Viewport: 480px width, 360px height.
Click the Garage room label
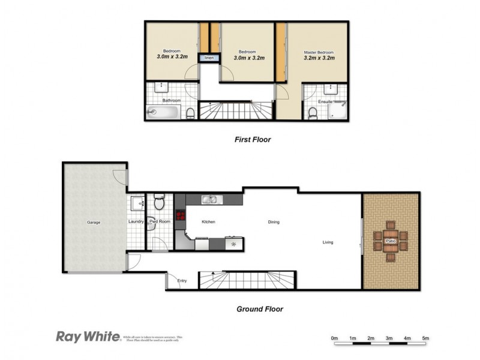pos(93,223)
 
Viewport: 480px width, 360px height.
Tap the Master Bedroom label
pos(319,52)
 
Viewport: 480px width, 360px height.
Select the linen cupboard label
pos(209,58)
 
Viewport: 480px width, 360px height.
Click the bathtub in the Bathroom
pos(163,112)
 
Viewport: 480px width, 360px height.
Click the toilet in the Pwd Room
pos(160,204)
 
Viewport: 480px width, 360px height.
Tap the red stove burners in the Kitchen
pos(179,217)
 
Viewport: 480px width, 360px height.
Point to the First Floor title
pos(253,140)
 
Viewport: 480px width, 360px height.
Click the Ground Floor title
pos(259,310)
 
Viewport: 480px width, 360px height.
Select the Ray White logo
pos(88,337)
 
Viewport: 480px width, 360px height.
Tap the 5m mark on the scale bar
pos(425,339)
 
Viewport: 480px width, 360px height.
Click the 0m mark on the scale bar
pos(335,339)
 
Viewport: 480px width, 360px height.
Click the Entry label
pos(181,281)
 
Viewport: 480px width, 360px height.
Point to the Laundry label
pos(136,222)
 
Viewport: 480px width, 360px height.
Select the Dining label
pos(274,222)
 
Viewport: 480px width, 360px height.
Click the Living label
pos(328,242)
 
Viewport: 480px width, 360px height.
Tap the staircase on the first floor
pos(236,112)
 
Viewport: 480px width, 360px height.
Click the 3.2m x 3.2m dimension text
pos(319,58)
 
